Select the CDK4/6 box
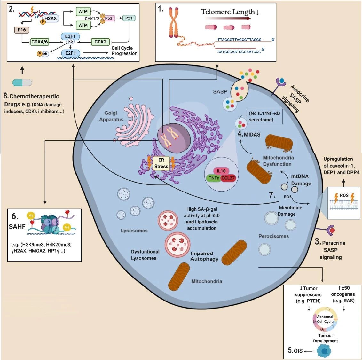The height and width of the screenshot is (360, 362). [x=40, y=42]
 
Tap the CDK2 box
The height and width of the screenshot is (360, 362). [x=100, y=42]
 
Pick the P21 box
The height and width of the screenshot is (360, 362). [x=129, y=18]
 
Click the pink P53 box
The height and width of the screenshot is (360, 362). [x=108, y=18]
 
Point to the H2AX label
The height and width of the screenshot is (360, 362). [x=51, y=19]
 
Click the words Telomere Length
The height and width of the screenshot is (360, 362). [x=228, y=12]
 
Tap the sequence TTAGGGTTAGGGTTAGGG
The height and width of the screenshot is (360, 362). [x=240, y=40]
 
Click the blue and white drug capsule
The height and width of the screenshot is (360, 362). [x=22, y=82]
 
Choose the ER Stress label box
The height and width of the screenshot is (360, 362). [x=161, y=163]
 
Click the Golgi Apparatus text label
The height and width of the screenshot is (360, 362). [x=111, y=116]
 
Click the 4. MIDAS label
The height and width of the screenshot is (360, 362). [x=249, y=135]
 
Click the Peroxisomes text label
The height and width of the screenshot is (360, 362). [x=273, y=236]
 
